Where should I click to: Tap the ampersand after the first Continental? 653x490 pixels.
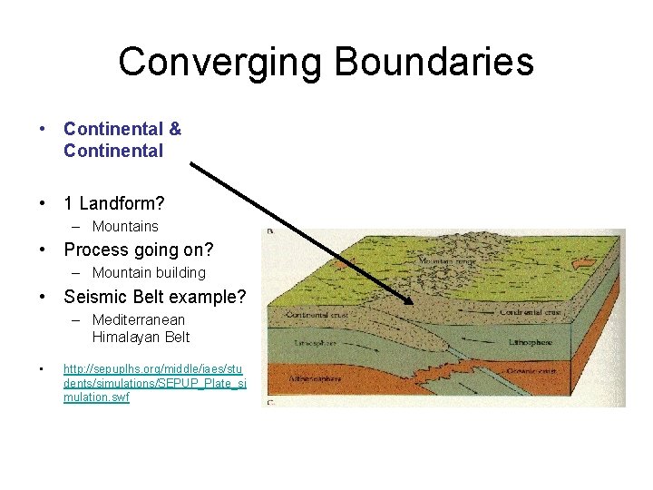coord(175,129)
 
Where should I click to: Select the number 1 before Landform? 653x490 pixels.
coord(69,202)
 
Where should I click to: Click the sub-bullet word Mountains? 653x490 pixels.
coord(125,226)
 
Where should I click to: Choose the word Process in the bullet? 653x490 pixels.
coord(96,249)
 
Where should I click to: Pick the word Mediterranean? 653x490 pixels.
coord(138,319)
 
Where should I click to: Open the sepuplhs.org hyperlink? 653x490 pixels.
coord(153,383)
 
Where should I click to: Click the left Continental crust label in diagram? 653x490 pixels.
coord(312,315)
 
